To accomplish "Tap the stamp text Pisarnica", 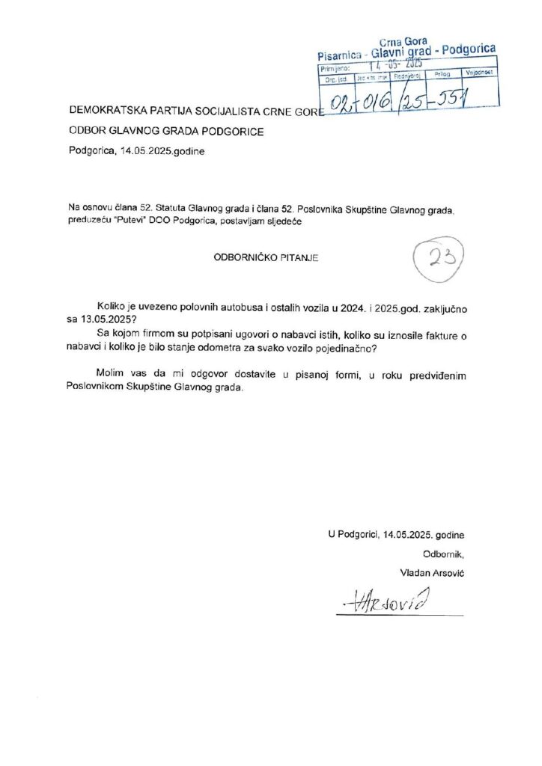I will click(340, 55).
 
